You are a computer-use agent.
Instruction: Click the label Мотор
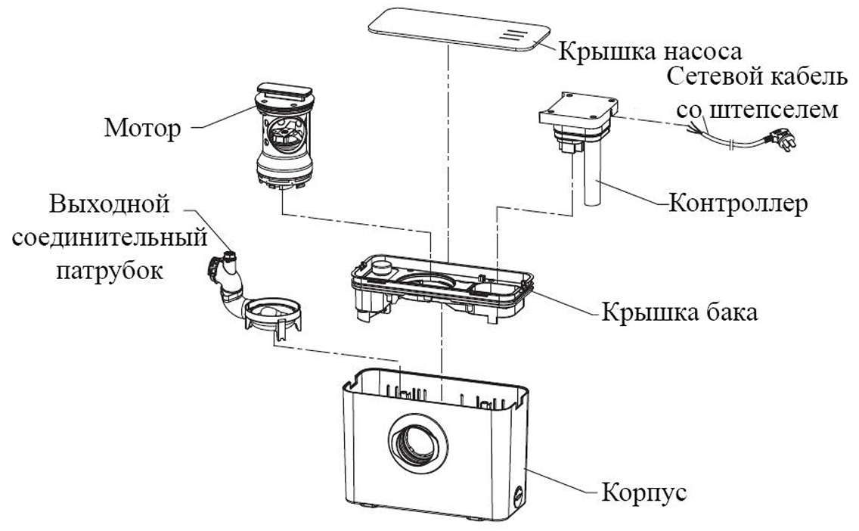click(x=143, y=128)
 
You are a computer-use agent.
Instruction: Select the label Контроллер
click(x=739, y=203)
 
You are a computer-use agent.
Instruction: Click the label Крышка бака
click(x=679, y=312)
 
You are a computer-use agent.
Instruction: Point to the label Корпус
click(x=644, y=493)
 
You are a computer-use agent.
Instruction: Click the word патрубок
click(x=110, y=271)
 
